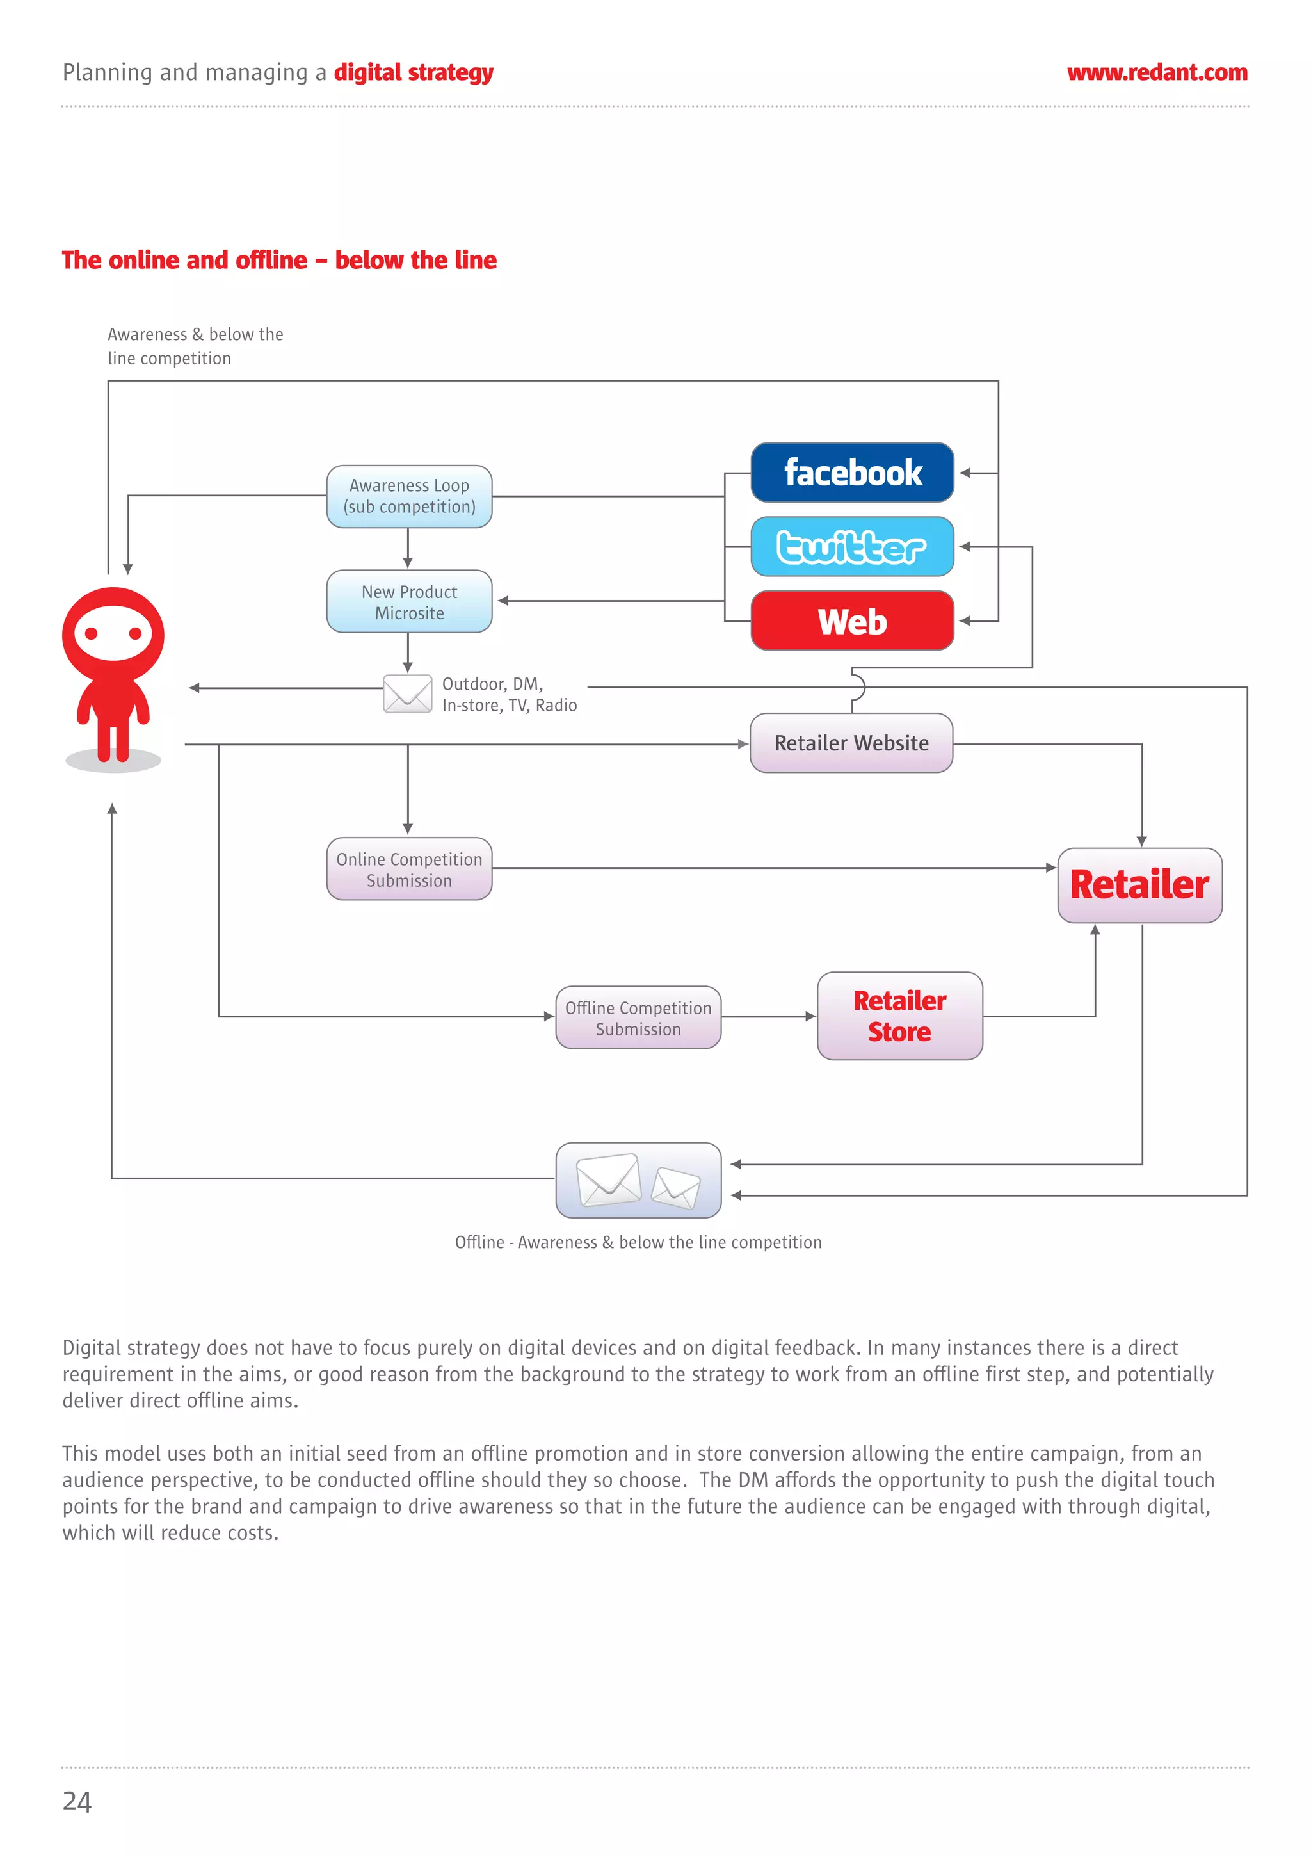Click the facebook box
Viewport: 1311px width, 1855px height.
(x=852, y=473)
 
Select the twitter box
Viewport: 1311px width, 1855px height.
(x=852, y=547)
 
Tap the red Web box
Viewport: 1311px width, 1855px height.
(x=852, y=620)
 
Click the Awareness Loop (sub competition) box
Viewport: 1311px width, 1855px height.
(x=409, y=496)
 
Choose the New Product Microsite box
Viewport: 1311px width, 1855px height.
(x=409, y=602)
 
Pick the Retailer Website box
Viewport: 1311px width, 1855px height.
(x=851, y=743)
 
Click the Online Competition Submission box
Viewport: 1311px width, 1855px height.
(x=409, y=870)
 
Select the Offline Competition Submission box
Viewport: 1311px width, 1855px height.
(x=638, y=1018)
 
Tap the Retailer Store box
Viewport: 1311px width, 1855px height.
(x=900, y=1016)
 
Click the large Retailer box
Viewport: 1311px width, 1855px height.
(x=1139, y=885)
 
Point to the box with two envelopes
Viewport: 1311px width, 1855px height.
(x=638, y=1180)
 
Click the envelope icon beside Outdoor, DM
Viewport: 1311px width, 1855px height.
(x=407, y=694)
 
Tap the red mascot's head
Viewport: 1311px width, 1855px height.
(x=113, y=633)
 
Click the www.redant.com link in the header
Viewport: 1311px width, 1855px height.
(x=1157, y=73)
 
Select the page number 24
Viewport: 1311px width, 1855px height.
(x=77, y=1801)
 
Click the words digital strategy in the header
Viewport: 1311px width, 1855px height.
(x=414, y=73)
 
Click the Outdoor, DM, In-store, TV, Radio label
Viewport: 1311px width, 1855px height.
(x=509, y=695)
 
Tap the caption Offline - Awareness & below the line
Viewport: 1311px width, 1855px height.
(x=638, y=1243)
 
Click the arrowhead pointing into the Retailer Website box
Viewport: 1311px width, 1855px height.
(x=743, y=744)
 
